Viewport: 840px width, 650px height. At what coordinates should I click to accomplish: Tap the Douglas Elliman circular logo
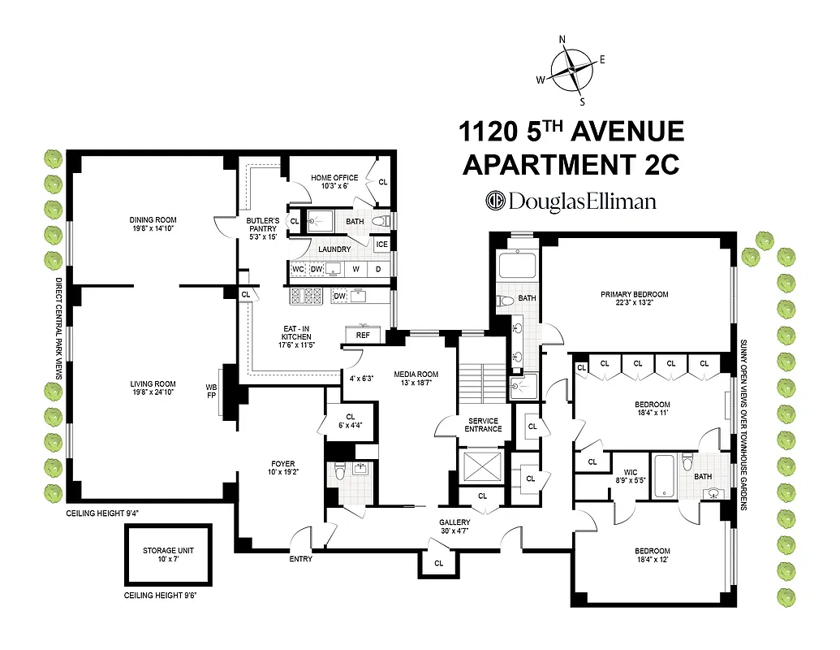[495, 201]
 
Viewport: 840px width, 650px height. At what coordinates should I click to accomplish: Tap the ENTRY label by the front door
[301, 559]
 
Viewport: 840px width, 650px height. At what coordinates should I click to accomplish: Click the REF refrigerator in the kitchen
[364, 334]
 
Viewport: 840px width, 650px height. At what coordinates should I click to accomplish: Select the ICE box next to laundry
[381, 244]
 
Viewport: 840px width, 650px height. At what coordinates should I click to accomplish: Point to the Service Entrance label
[482, 424]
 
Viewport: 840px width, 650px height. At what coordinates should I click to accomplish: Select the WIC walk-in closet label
[630, 471]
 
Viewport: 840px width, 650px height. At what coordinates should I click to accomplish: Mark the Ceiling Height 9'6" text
[161, 596]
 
